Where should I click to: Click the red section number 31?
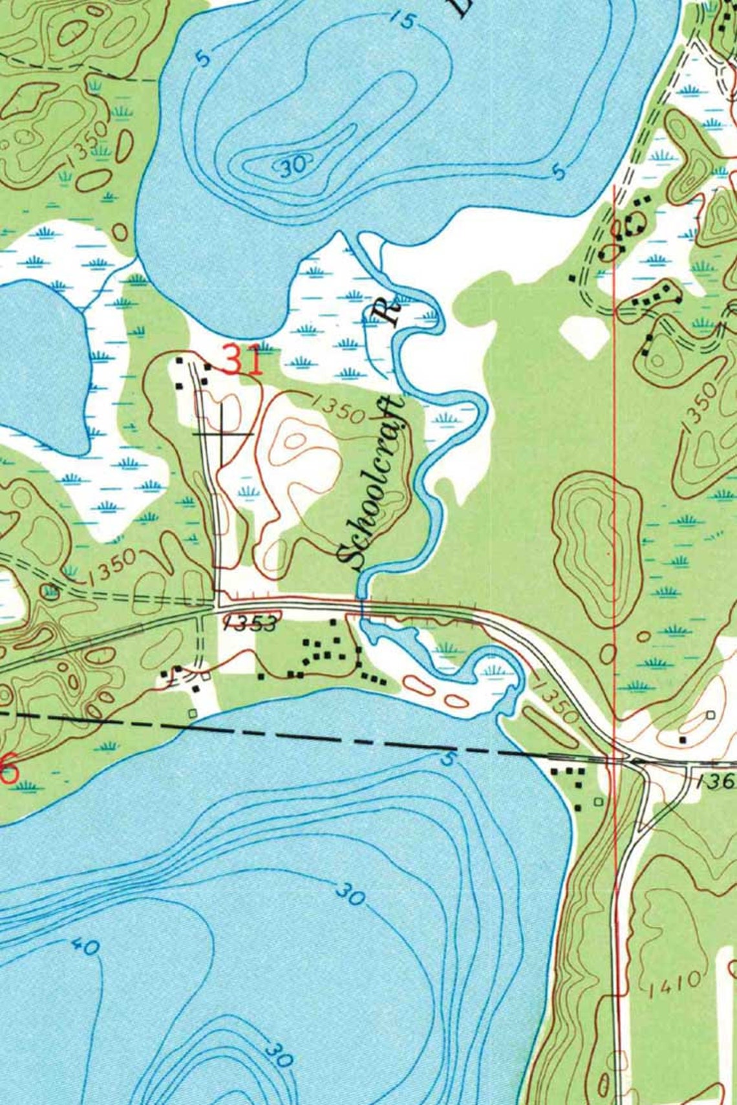244,361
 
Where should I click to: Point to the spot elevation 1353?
250,623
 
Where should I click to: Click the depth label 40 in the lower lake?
86,947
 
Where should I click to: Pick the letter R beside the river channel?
388,313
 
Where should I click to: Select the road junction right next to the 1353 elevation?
215,606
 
